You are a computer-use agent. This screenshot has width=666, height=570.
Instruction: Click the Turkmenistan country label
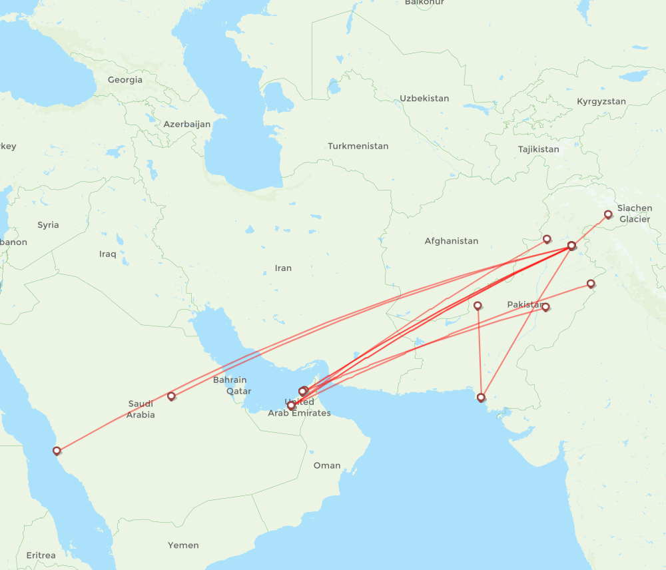pos(358,146)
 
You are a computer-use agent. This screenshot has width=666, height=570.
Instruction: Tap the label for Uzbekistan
pos(424,99)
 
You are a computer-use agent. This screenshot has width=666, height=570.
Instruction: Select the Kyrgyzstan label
pos(601,102)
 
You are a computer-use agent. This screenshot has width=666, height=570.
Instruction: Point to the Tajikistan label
pos(539,149)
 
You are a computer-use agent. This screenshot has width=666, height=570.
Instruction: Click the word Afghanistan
pos(452,241)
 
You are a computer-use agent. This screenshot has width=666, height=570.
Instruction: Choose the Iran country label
pos(283,268)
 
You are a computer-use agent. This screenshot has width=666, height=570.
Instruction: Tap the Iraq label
pos(107,254)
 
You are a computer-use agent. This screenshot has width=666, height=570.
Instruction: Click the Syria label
pos(48,225)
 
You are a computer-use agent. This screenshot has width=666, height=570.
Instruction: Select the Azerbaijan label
pos(187,125)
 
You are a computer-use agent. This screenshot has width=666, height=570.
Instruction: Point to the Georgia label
pos(125,80)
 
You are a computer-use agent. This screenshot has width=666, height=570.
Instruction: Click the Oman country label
pos(327,465)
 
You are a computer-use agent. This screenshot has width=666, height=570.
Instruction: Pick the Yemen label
pos(183,545)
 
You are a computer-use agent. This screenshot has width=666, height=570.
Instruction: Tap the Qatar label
pos(238,392)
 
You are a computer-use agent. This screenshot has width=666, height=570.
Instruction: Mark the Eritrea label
pos(41,555)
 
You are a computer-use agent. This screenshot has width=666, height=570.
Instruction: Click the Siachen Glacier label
pos(634,214)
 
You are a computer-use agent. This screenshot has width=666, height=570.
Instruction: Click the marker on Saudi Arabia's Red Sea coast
pos(57,451)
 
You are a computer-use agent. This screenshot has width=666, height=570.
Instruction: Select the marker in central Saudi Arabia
pos(171,396)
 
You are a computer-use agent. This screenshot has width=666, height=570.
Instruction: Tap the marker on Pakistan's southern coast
pos(481,398)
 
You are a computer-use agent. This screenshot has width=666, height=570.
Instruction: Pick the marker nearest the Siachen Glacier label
pos(608,214)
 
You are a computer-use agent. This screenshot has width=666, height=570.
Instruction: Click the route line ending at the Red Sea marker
pos(113,424)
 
